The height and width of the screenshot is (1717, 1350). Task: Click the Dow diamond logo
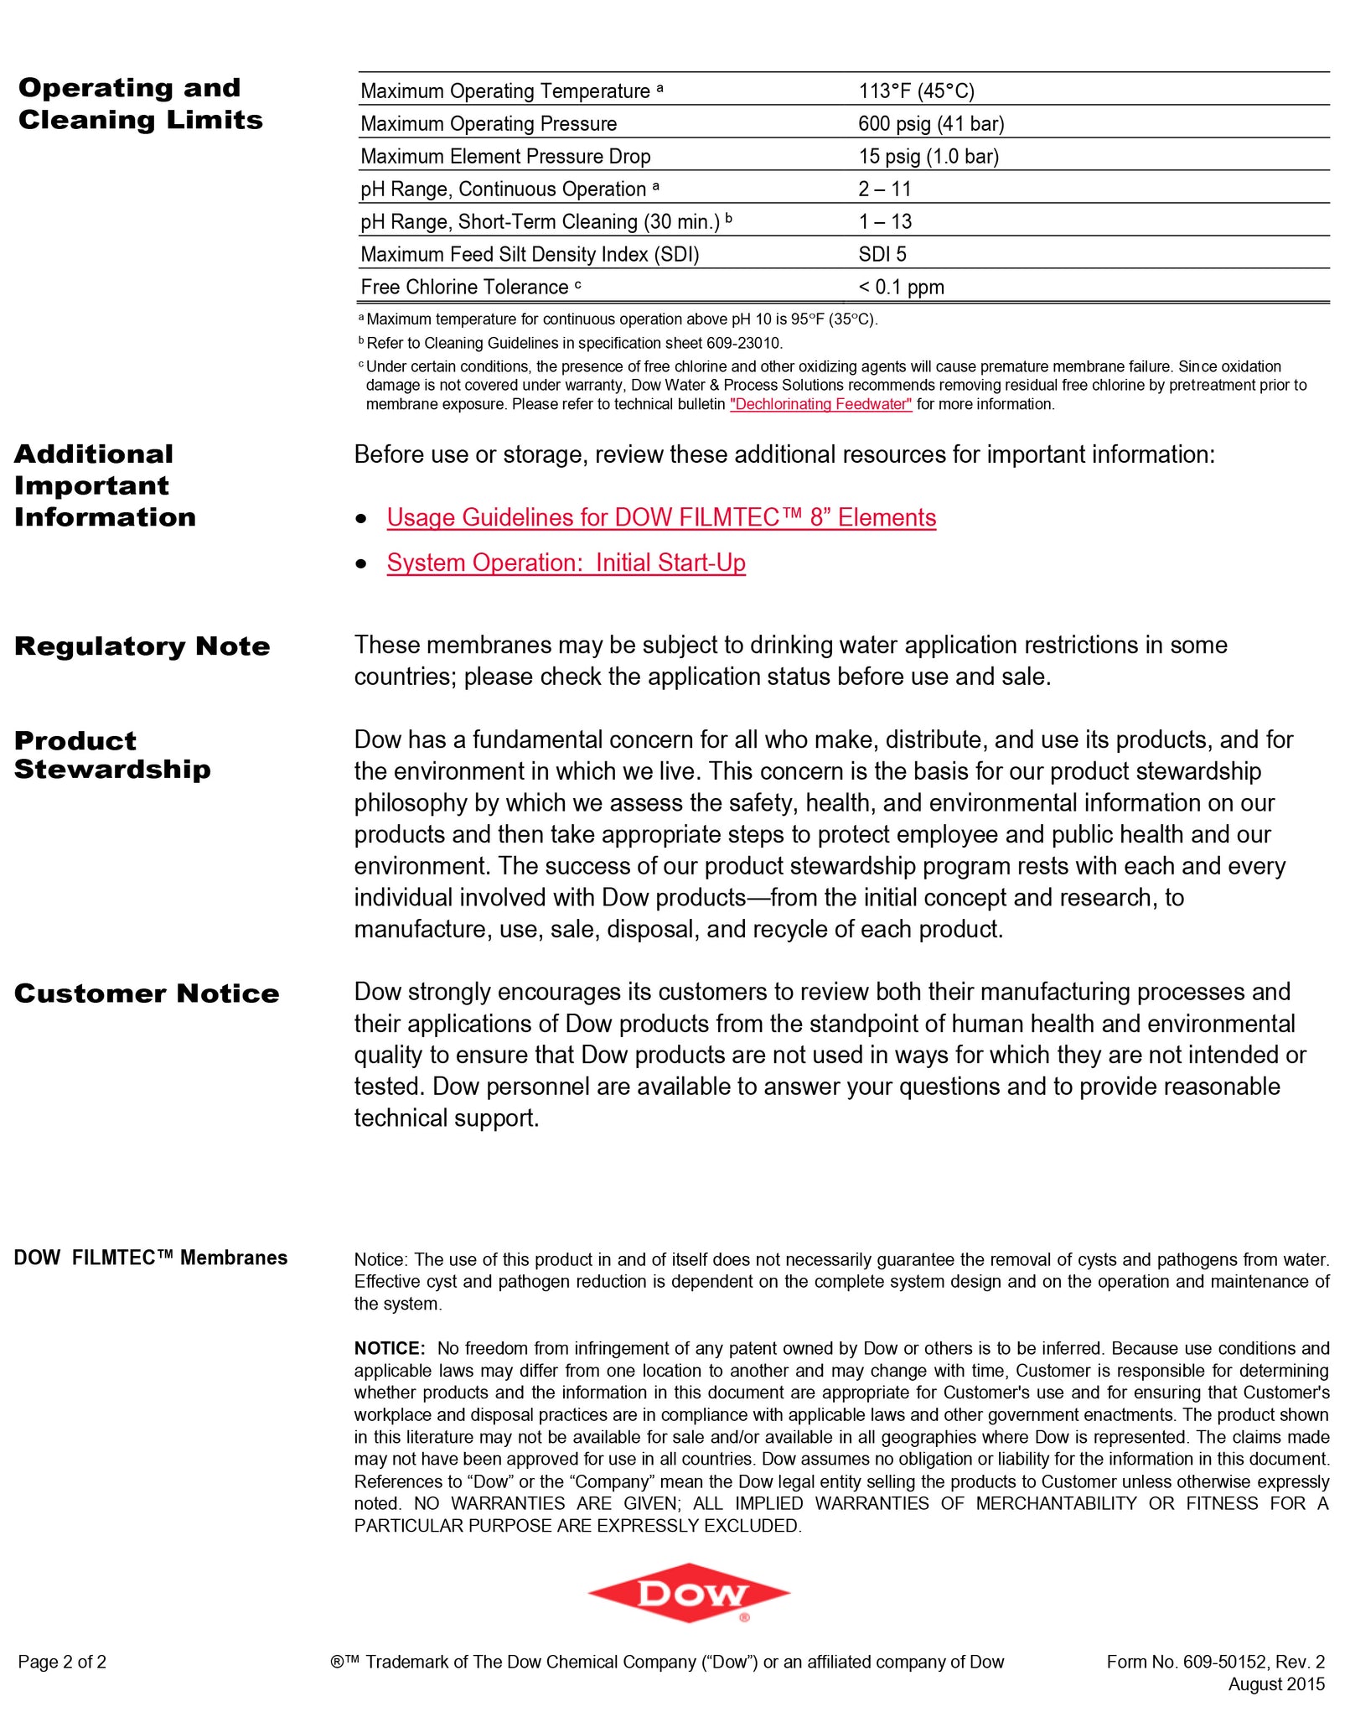pyautogui.click(x=689, y=1593)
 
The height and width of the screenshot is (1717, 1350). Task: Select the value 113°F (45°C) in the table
pyautogui.click(x=916, y=91)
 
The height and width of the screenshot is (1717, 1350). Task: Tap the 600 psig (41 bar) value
pyautogui.click(x=930, y=123)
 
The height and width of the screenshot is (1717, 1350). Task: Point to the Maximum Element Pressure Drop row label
pyautogui.click(x=505, y=156)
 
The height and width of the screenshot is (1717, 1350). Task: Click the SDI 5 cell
pyautogui.click(x=882, y=254)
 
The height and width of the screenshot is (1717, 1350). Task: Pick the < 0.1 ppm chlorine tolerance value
pyautogui.click(x=901, y=287)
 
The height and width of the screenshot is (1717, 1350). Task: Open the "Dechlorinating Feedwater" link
pyautogui.click(x=820, y=404)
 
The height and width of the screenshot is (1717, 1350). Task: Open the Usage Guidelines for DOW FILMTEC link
pyautogui.click(x=661, y=517)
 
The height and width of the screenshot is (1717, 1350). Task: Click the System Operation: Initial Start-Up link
pyautogui.click(x=566, y=563)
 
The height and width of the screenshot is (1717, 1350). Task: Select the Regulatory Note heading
pyautogui.click(x=142, y=646)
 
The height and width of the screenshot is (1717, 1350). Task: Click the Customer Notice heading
pyautogui.click(x=147, y=993)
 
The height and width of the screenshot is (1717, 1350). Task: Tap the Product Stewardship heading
pyautogui.click(x=112, y=755)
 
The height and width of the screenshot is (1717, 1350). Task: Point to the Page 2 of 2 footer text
pyautogui.click(x=62, y=1662)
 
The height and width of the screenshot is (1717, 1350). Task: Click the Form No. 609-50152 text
pyautogui.click(x=1215, y=1662)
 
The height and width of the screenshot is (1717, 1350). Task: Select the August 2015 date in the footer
pyautogui.click(x=1276, y=1683)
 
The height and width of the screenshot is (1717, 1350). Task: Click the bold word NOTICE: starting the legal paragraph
pyautogui.click(x=390, y=1348)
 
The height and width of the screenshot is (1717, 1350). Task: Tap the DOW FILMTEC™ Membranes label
pyautogui.click(x=151, y=1258)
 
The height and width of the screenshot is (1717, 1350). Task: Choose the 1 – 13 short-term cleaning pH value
pyautogui.click(x=885, y=221)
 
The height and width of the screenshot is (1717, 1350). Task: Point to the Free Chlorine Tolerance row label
pyautogui.click(x=464, y=287)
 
